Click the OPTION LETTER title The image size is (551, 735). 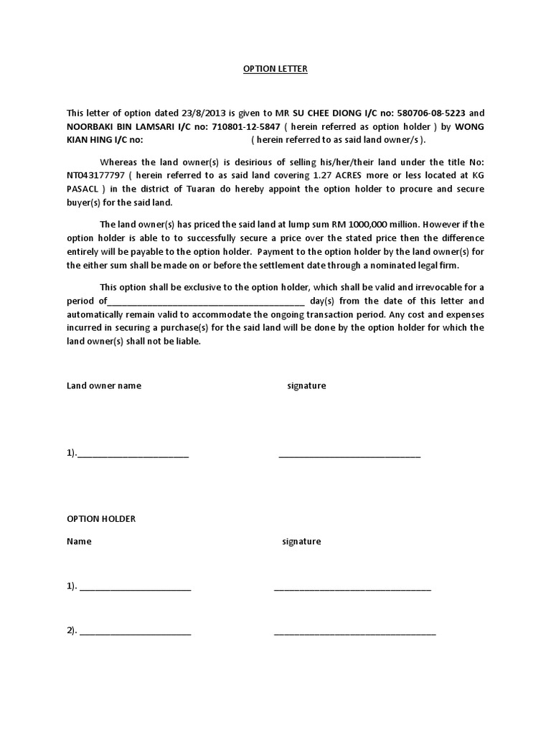click(275, 69)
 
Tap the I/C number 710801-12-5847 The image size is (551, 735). click(244, 126)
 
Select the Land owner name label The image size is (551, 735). click(104, 386)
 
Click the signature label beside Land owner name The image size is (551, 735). click(306, 386)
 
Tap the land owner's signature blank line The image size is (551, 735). click(349, 455)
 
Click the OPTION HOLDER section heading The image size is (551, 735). click(101, 519)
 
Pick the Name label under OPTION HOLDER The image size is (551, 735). click(79, 542)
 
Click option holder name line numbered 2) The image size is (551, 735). click(135, 632)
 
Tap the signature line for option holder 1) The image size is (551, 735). click(352, 588)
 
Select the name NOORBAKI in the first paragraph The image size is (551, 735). click(91, 126)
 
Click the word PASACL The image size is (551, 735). click(84, 189)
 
